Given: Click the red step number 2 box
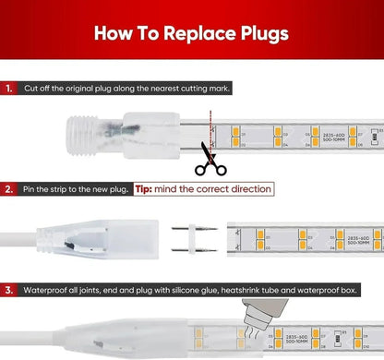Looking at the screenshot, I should click(8, 188).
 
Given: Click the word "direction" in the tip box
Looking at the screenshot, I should click(246, 188).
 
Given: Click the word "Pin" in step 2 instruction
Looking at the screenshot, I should click(31, 188).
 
